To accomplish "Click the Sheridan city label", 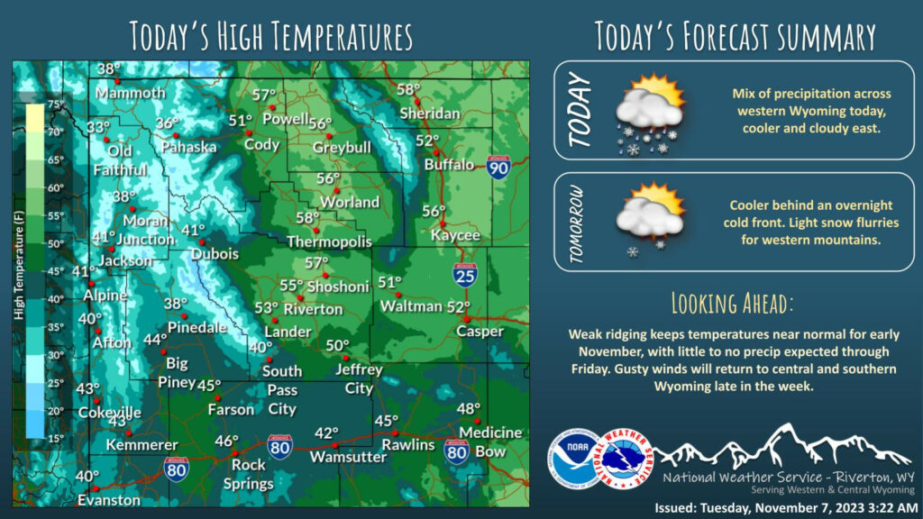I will click(x=430, y=114).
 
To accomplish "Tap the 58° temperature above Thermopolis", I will click(x=308, y=218).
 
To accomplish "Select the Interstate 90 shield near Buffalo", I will click(x=498, y=166).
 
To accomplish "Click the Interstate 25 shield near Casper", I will click(x=465, y=275).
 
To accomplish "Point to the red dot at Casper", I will click(x=467, y=318).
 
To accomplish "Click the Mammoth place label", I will click(x=131, y=93).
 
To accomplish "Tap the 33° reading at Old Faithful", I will click(x=97, y=127).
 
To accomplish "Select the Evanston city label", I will click(x=109, y=500).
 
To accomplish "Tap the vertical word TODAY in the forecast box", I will click(x=581, y=110).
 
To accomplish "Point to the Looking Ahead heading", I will click(x=732, y=301).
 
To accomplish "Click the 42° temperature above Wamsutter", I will click(x=325, y=433).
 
